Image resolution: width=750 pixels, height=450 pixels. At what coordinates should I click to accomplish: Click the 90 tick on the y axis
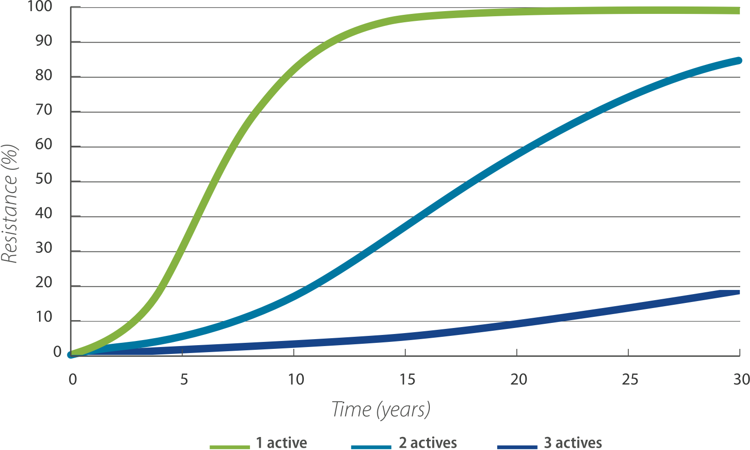[x=44, y=40]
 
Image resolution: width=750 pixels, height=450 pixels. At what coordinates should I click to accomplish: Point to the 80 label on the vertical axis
[x=44, y=75]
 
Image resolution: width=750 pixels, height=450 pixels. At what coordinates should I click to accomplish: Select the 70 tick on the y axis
[x=44, y=110]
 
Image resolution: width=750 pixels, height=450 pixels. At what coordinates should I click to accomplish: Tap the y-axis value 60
[x=44, y=144]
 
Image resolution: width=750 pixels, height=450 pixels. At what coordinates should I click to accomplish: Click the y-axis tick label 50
[x=44, y=179]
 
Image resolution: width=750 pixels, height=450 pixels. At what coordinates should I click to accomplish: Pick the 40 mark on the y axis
[x=44, y=213]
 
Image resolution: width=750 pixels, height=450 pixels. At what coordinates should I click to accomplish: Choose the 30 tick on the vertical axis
[x=44, y=247]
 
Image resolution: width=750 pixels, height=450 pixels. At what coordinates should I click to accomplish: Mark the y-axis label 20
[x=44, y=282]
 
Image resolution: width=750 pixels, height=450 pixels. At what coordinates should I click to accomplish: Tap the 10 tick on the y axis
[x=44, y=316]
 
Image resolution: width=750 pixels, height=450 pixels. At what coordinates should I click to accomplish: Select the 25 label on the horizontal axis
[x=631, y=379]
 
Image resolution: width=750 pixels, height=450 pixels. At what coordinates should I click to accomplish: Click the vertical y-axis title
[x=9, y=204]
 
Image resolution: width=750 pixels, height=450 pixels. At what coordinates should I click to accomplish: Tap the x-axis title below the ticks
[x=381, y=410]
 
